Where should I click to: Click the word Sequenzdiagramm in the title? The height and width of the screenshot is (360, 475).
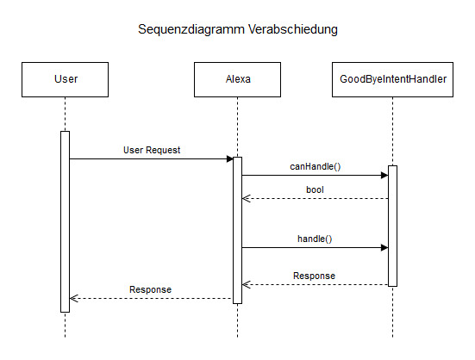191,29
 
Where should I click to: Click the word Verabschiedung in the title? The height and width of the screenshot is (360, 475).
293,29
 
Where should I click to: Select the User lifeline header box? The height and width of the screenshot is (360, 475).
66,79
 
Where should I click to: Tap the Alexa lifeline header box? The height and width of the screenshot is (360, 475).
238,79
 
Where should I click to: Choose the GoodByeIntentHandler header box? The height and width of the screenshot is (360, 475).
392,79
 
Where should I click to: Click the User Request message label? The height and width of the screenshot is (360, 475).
152,150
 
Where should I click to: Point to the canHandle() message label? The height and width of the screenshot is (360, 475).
315,166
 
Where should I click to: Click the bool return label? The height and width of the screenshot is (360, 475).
315,189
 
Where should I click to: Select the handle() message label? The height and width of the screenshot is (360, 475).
315,239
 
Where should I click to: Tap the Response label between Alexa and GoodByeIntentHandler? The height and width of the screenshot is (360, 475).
314,276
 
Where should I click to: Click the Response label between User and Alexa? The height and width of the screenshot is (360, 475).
150,289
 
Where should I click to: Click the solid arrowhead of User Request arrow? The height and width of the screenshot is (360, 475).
230,158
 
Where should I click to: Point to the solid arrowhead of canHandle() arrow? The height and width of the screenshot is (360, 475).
384,175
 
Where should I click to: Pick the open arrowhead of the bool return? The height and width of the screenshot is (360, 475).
246,198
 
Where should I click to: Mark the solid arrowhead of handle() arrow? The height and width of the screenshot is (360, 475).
384,248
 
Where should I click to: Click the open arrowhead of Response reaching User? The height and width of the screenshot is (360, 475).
73,298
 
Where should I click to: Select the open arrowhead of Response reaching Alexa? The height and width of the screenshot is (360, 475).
246,285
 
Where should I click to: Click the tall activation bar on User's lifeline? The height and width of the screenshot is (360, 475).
66,221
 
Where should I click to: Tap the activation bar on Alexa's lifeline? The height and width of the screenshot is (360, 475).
238,230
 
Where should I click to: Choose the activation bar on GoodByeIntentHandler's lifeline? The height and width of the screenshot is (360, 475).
392,226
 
